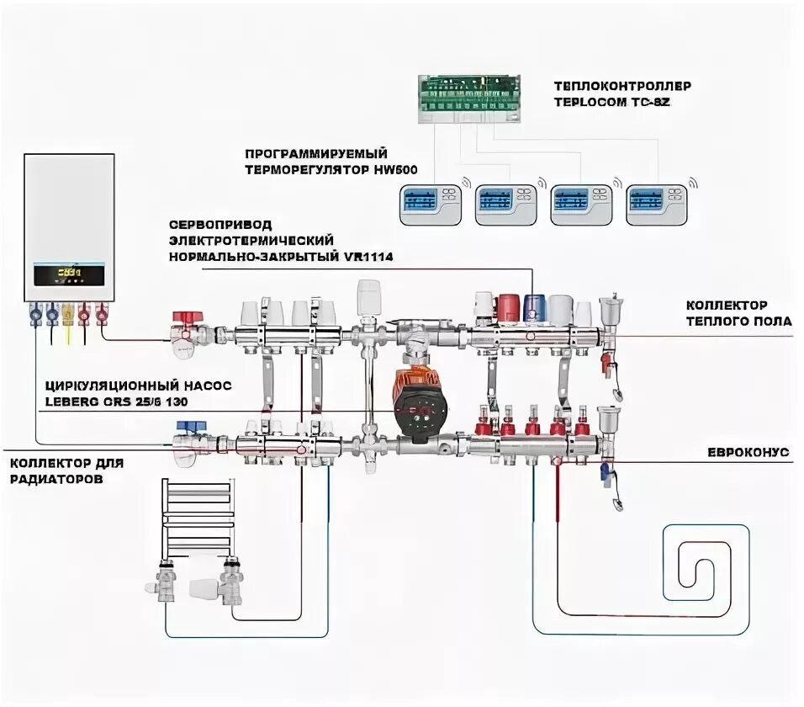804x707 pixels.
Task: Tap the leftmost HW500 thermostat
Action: [x=431, y=202]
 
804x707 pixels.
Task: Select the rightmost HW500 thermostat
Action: [x=657, y=202]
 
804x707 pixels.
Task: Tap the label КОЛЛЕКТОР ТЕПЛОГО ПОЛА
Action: [x=738, y=313]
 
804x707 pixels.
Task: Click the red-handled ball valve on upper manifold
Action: [x=186, y=321]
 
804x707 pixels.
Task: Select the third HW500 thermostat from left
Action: [x=581, y=202]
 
